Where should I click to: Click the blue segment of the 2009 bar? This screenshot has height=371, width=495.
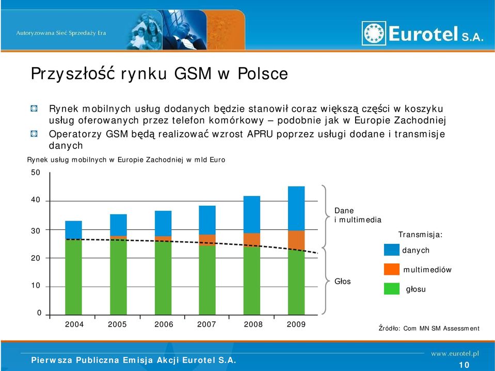pyautogui.click(x=296, y=209)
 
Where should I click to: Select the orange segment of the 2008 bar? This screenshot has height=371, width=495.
pyautogui.click(x=251, y=240)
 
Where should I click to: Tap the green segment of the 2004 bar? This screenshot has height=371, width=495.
pyautogui.click(x=73, y=277)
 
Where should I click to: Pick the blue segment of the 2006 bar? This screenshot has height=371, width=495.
pyautogui.click(x=163, y=223)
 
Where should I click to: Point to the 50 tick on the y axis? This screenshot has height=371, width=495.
pyautogui.click(x=36, y=173)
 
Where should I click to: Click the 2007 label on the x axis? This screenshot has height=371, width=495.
pyautogui.click(x=206, y=324)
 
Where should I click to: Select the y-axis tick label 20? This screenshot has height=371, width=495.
pyautogui.click(x=36, y=258)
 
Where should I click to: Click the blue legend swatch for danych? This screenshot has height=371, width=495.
pyautogui.click(x=391, y=250)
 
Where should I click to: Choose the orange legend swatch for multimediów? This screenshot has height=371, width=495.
pyautogui.click(x=391, y=269)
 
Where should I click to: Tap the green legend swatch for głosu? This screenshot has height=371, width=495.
pyautogui.click(x=391, y=288)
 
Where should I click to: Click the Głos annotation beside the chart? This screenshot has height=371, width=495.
pyautogui.click(x=343, y=281)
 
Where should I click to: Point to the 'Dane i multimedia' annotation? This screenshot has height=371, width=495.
pyautogui.click(x=358, y=215)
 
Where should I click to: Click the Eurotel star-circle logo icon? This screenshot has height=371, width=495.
pyautogui.click(x=374, y=33)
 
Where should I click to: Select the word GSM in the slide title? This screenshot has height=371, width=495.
pyautogui.click(x=193, y=73)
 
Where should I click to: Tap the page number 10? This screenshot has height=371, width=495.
pyautogui.click(x=464, y=365)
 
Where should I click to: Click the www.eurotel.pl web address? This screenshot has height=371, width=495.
pyautogui.click(x=455, y=353)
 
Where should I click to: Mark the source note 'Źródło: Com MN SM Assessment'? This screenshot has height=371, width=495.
pyautogui.click(x=429, y=328)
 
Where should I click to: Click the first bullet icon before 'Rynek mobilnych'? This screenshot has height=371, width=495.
pyautogui.click(x=34, y=109)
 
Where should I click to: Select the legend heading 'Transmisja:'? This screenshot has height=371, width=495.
pyautogui.click(x=420, y=235)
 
